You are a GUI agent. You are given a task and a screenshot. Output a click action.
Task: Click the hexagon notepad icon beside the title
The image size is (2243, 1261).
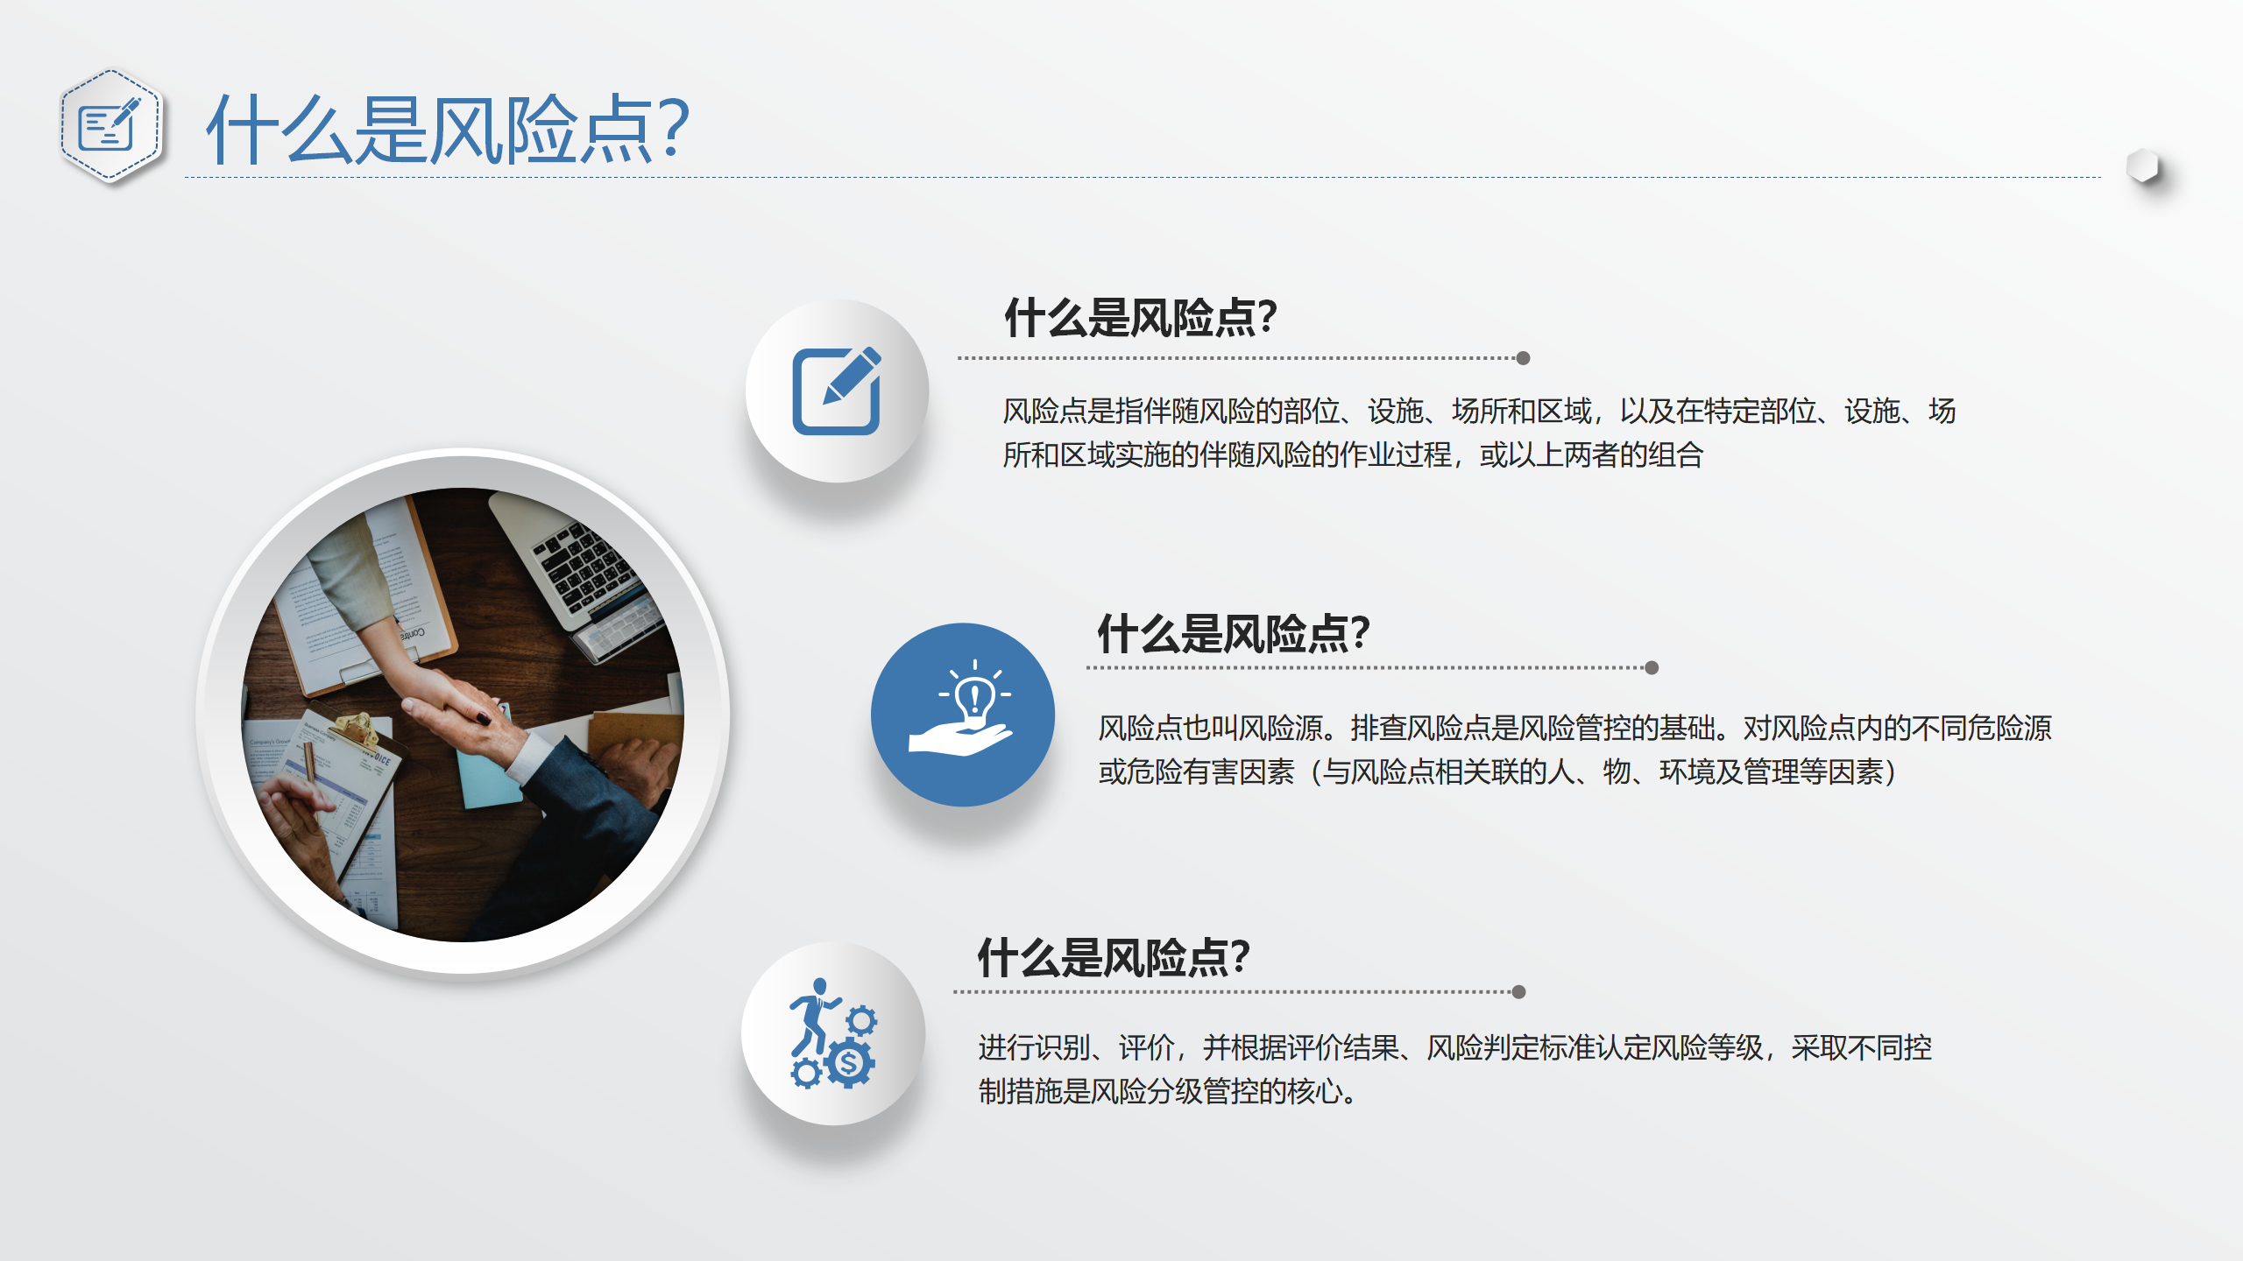coord(110,126)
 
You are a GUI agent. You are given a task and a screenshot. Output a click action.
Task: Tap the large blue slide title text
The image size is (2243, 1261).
coord(448,130)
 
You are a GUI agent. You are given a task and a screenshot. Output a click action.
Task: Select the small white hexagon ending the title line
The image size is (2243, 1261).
coord(2143,166)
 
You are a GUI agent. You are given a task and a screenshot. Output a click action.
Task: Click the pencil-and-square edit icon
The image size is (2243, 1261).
coord(837,391)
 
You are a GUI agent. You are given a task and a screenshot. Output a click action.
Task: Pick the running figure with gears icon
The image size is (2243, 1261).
coord(832,1033)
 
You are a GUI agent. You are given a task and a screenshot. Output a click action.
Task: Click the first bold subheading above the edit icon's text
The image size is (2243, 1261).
coord(1141,317)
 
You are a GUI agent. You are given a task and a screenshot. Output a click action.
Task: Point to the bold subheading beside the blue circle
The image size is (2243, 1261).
coord(1234,633)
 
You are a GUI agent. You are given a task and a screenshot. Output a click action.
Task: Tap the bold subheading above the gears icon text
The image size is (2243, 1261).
coord(1114,957)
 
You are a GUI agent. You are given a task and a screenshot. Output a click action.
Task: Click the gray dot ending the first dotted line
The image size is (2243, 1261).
coord(1523,358)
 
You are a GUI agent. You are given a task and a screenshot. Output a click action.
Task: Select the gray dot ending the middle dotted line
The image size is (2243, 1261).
coord(1652,668)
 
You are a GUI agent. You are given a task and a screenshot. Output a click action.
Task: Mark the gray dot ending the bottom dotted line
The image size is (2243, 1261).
coord(1519,992)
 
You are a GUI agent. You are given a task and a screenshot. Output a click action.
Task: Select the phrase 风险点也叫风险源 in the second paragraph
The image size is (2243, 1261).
coord(1210,729)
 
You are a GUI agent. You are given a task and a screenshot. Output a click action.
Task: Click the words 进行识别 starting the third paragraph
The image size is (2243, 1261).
coord(1035,1047)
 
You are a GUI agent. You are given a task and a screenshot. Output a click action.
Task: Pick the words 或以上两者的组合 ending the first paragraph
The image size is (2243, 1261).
coord(1591,455)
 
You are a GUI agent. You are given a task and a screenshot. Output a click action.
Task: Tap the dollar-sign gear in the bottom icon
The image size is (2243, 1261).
coord(848,1063)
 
